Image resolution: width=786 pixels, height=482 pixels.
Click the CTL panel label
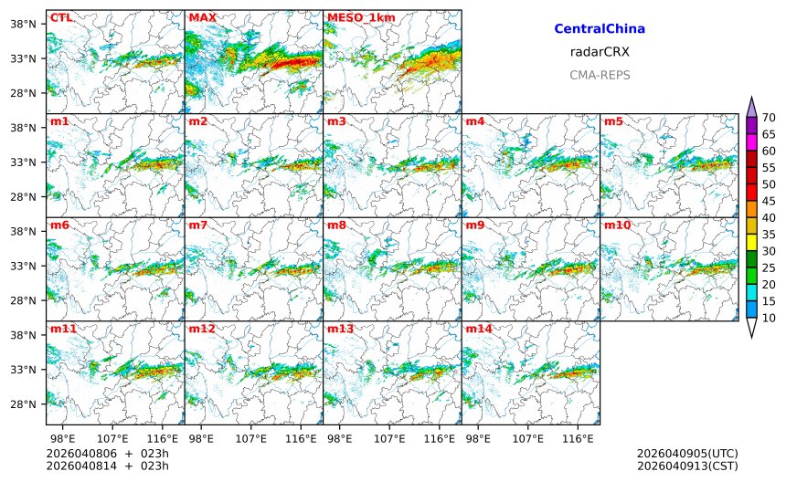tap(61, 17)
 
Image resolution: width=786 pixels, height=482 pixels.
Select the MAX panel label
tap(202, 17)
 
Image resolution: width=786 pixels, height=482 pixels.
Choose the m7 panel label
tap(198, 225)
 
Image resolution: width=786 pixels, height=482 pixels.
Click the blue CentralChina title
tap(600, 29)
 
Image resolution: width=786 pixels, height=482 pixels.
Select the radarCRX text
tap(600, 52)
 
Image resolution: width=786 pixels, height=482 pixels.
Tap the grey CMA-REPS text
tap(600, 75)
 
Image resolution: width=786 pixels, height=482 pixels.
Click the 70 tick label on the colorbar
tap(769, 117)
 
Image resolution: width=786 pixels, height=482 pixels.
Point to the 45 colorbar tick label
tap(769, 201)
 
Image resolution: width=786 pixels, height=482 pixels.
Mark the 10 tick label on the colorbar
tap(769, 318)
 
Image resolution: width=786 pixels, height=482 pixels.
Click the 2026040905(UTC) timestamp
tap(687, 454)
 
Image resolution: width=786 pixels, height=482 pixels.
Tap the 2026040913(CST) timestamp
tap(687, 466)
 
